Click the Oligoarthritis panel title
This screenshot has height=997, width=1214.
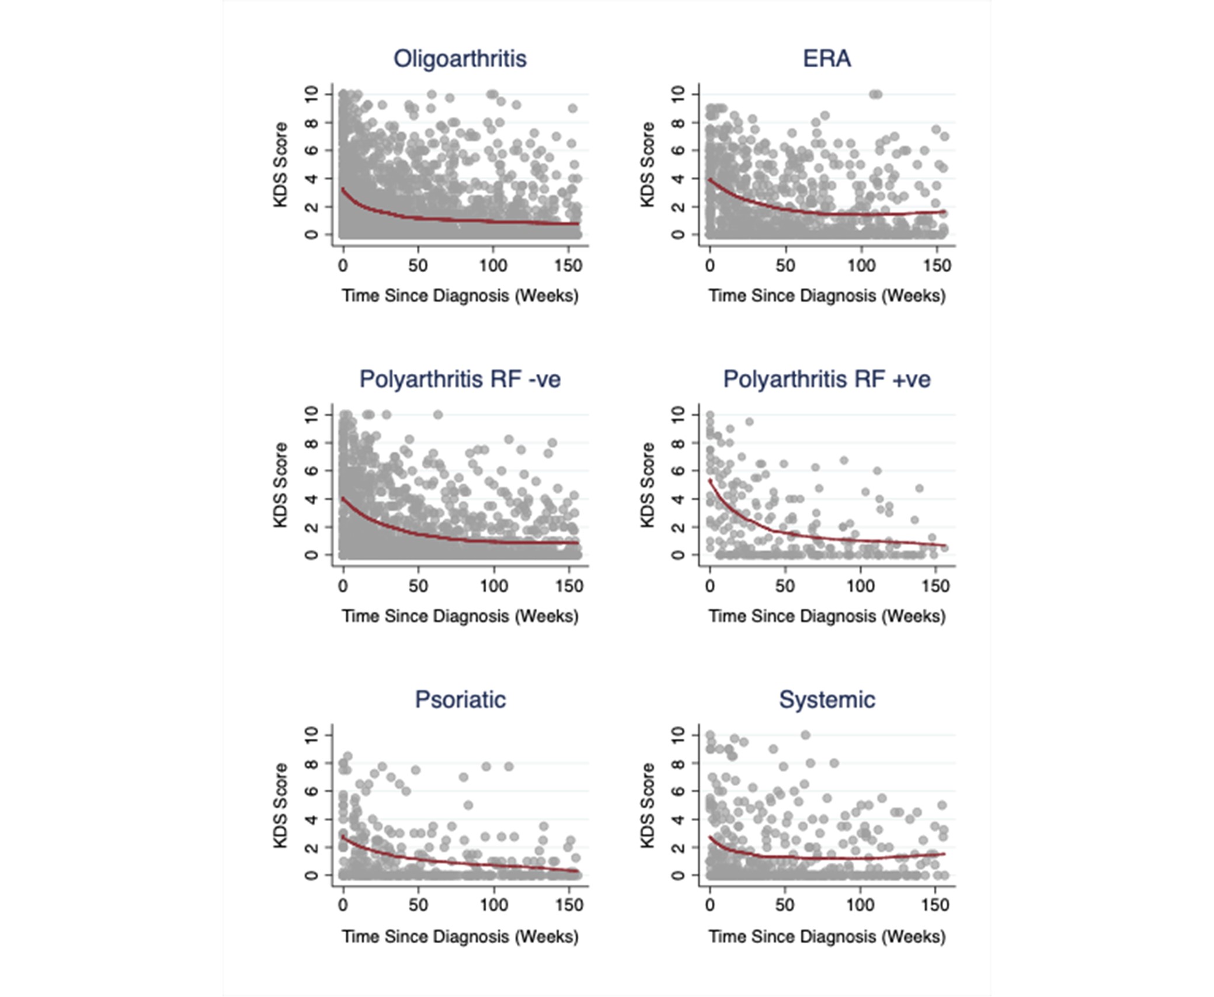point(460,58)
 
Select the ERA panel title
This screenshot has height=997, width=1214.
point(826,58)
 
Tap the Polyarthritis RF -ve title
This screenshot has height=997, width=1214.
point(460,379)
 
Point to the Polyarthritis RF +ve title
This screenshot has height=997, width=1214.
point(826,379)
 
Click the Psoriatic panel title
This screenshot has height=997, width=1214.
point(460,699)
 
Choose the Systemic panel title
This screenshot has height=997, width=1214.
point(826,699)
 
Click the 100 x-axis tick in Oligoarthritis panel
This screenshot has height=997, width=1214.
point(493,266)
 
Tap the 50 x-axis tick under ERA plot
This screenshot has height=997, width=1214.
point(785,266)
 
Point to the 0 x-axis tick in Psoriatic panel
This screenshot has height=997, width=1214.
point(343,905)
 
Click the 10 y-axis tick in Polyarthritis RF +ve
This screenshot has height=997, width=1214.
point(678,415)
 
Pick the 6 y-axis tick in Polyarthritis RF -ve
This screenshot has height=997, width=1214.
point(311,471)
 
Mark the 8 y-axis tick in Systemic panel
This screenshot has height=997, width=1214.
point(678,763)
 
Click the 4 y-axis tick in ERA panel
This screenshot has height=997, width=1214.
point(678,178)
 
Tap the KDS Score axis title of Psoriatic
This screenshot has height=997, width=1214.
point(281,805)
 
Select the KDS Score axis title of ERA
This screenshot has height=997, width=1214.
point(647,164)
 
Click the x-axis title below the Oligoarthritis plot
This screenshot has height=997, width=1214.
point(460,296)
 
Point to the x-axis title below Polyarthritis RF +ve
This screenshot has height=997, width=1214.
point(826,616)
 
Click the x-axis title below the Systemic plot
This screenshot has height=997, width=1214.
point(826,936)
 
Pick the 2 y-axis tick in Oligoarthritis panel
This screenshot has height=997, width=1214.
point(311,206)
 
